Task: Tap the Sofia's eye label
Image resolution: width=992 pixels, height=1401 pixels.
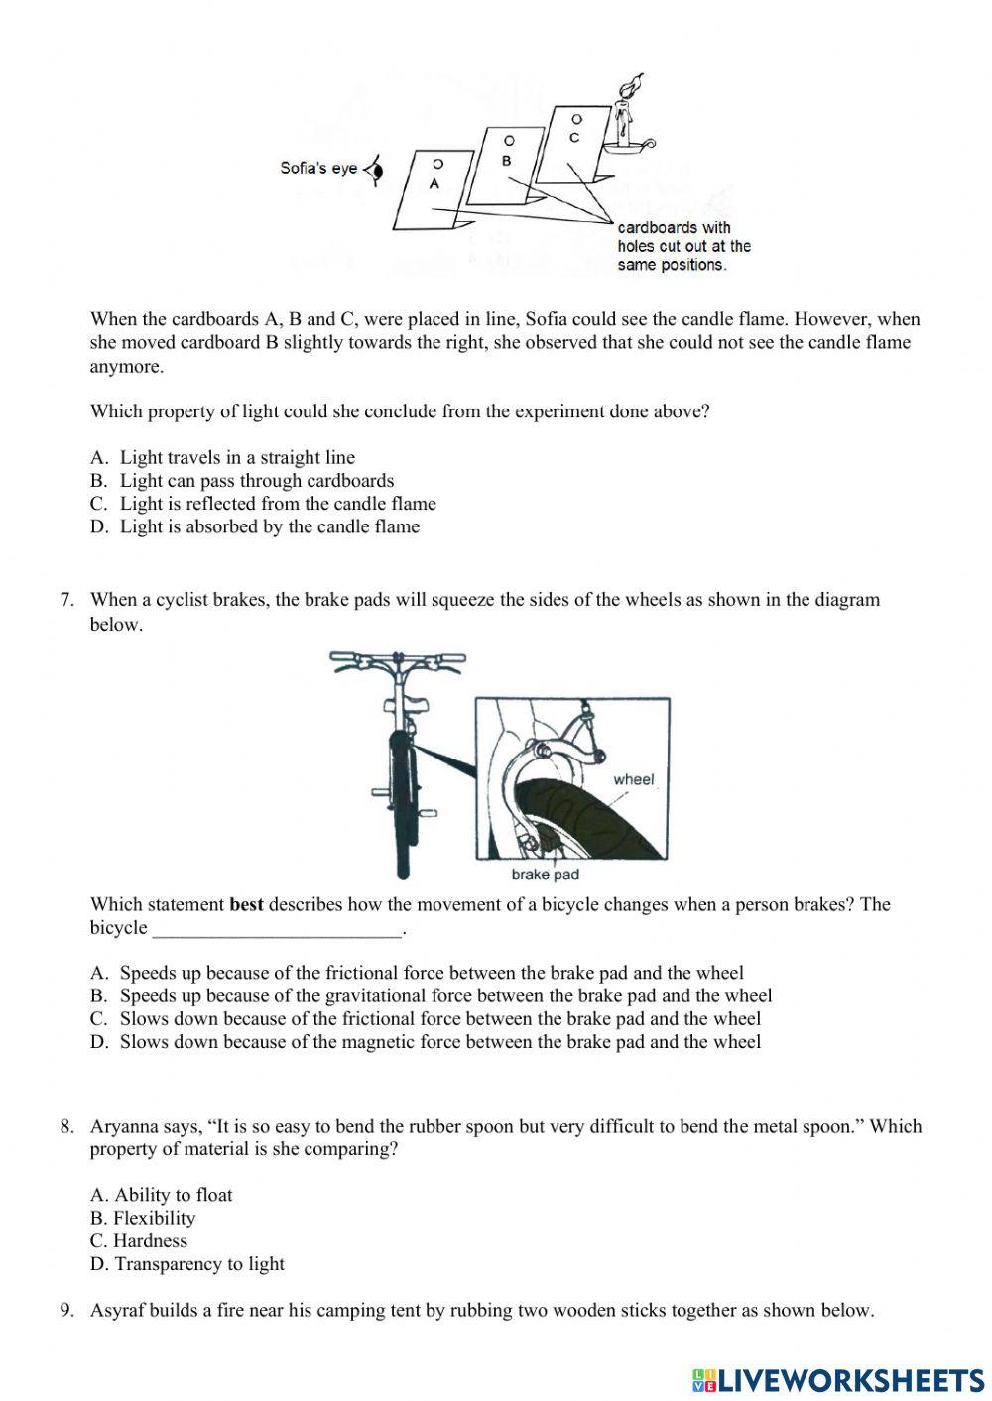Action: click(x=317, y=168)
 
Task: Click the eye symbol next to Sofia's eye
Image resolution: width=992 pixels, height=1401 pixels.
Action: click(x=375, y=170)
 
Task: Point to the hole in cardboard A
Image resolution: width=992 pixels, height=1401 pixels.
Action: click(x=437, y=163)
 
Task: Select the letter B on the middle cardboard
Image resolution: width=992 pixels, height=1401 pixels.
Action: click(x=506, y=161)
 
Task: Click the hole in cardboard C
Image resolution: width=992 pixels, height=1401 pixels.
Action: click(x=576, y=119)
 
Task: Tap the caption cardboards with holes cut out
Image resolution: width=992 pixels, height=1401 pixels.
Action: click(x=683, y=246)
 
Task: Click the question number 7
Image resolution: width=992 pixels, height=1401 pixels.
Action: click(x=67, y=599)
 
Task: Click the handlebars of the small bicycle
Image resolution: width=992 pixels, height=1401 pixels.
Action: click(x=397, y=658)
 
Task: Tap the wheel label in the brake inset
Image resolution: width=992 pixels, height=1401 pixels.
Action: click(x=633, y=779)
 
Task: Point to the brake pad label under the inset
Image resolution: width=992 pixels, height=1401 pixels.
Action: click(x=545, y=875)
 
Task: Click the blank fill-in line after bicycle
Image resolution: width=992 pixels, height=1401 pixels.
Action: click(x=278, y=930)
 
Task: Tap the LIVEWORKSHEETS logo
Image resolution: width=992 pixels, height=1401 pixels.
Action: click(x=838, y=1379)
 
